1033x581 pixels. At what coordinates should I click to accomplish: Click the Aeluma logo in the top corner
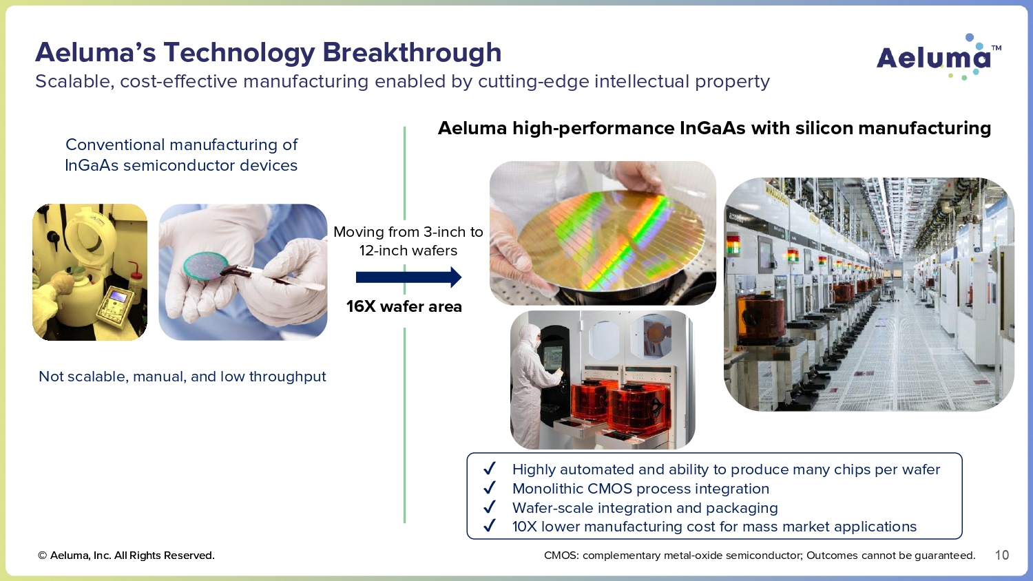939,56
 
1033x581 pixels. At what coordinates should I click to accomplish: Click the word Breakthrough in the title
412,52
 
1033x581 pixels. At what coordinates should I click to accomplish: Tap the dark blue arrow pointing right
408,277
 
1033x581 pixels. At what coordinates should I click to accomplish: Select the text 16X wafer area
404,306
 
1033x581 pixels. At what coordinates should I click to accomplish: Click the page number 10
1001,555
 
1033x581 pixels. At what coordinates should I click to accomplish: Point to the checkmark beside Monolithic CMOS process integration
489,488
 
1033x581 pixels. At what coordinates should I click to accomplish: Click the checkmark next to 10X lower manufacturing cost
489,526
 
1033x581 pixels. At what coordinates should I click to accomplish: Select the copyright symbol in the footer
43,556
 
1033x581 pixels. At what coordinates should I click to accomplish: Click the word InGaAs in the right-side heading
713,128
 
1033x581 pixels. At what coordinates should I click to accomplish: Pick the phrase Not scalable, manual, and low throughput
182,377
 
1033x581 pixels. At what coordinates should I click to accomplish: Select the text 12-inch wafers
408,251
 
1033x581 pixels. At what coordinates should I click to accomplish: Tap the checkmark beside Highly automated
489,469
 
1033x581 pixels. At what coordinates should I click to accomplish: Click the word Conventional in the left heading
115,145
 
